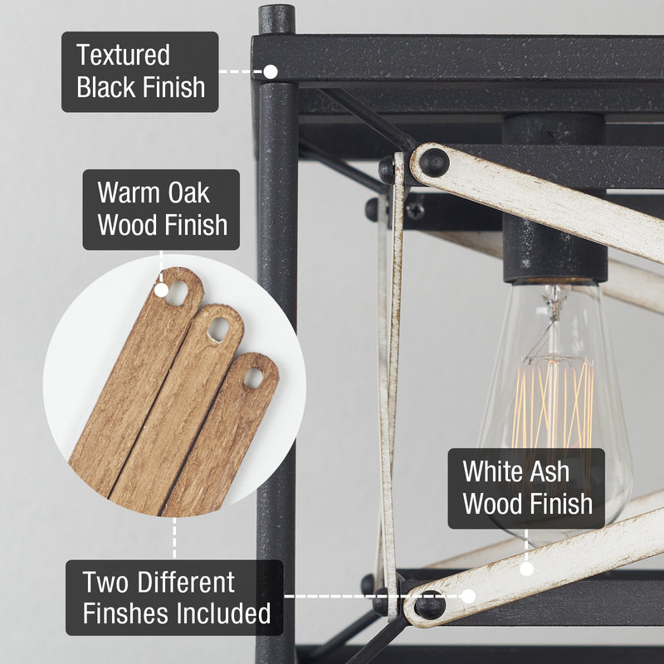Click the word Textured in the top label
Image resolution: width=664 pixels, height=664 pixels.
click(123, 55)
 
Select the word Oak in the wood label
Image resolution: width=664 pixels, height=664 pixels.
click(189, 193)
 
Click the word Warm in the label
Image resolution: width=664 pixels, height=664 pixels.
click(129, 193)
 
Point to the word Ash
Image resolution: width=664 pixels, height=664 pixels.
click(549, 471)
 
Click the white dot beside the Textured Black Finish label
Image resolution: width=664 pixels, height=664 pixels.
click(271, 71)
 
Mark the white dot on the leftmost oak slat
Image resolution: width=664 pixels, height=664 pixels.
click(161, 290)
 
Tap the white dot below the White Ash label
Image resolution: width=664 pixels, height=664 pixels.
click(526, 569)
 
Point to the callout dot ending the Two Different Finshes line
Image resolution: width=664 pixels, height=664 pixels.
click(468, 596)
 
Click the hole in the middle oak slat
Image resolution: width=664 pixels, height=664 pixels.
click(218, 330)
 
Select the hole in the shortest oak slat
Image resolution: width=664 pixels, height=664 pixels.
click(253, 378)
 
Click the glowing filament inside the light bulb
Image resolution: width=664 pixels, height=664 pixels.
click(553, 407)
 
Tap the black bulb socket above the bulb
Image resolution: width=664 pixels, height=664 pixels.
click(554, 198)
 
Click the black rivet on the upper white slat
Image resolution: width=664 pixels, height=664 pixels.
click(434, 163)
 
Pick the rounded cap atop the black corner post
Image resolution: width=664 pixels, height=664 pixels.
click(276, 19)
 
